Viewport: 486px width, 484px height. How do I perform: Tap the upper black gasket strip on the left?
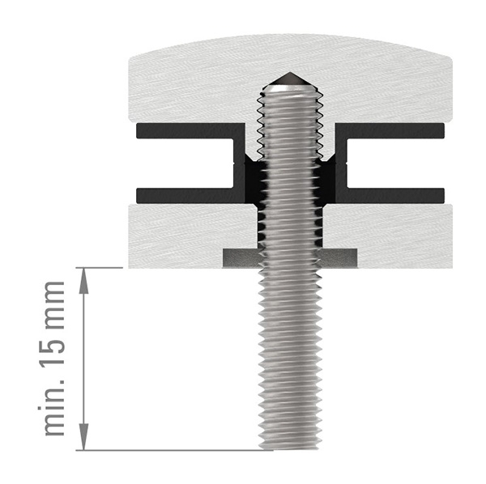coord(186,129)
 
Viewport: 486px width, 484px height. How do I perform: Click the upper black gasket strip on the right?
coord(393,129)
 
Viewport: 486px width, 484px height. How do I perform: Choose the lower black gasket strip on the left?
coord(186,195)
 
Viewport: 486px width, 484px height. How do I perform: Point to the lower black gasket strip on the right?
coord(393,195)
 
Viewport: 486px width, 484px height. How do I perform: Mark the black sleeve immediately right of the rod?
coord(330,194)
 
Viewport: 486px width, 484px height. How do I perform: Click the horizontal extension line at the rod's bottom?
coord(162,450)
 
